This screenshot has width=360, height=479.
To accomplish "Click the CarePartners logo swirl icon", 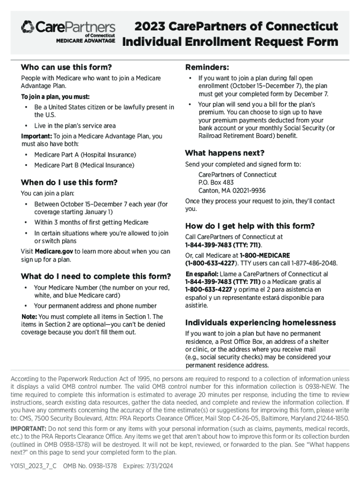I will (x=28, y=27).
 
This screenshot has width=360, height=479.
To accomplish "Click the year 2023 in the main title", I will (x=149, y=26).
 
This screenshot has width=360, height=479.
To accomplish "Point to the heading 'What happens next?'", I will (x=225, y=153).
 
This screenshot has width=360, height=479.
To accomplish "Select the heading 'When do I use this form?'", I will (x=69, y=182).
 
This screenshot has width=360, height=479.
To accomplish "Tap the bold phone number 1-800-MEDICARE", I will (x=265, y=255).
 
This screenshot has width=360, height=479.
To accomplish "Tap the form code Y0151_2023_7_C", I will (x=33, y=466).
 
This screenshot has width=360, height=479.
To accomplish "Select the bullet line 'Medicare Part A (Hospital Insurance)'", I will (x=85, y=155).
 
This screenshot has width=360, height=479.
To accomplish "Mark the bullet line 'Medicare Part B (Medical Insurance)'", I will (x=84, y=165).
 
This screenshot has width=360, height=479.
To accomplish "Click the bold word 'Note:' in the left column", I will (x=29, y=317).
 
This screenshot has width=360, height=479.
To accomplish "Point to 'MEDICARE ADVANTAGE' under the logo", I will (x=86, y=41).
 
